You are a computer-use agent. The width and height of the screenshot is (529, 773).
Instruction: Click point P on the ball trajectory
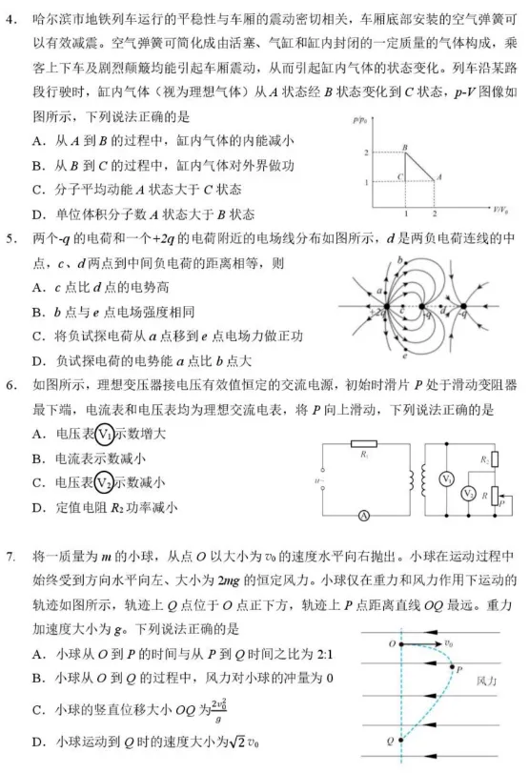pos(452,670)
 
